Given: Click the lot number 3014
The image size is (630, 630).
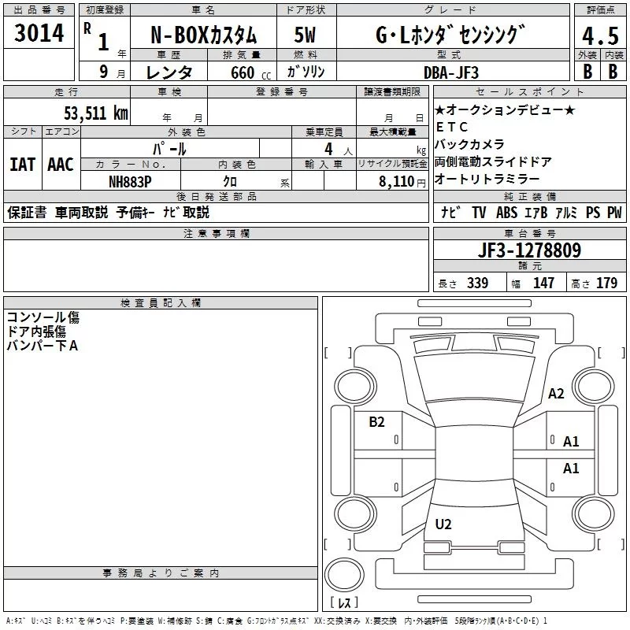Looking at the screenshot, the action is pos(39,34).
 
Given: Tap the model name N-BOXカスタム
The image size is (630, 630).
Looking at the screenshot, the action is pos(203,36).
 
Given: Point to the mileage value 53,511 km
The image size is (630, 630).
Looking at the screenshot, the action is pos(95,113).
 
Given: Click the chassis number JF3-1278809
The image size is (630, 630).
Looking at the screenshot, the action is pos(530,250).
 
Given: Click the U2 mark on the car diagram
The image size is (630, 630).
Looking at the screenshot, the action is pos(443,524).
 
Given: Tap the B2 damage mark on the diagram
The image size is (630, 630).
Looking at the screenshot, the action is pos(377,422).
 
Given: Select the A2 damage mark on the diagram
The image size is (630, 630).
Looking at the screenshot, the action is pos(557,394).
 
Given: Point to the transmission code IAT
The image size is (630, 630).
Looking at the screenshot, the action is pos(23,165).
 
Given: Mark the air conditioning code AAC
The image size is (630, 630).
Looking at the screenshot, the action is pos(61,165).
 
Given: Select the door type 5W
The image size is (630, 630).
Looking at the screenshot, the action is pos(306,36).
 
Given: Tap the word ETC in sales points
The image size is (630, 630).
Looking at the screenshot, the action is pos(451,127).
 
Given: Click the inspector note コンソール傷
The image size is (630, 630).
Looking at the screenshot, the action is pos(43,317).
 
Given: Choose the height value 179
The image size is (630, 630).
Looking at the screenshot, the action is pos(606,283).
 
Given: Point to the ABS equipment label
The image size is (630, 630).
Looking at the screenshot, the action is pos(507,213).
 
